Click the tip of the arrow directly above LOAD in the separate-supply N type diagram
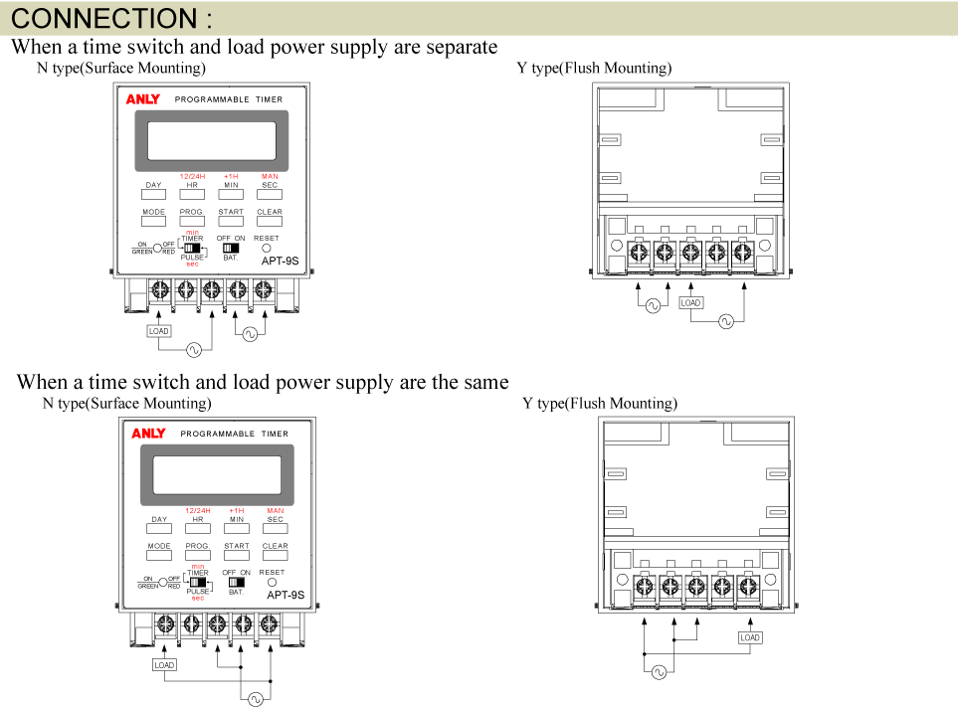point(159,311)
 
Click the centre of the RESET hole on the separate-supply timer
point(267,249)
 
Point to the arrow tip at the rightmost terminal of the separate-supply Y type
point(744,283)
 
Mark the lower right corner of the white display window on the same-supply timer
point(282,493)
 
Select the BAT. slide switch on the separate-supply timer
point(231,248)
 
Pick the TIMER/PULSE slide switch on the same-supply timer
point(197,583)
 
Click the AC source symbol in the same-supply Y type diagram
point(659,672)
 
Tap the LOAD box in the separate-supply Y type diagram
point(690,303)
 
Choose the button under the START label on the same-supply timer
point(237,555)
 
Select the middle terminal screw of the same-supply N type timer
point(218,623)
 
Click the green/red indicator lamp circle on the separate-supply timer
point(157,249)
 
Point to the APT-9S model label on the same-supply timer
point(286,595)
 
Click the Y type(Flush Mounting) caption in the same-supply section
point(600,404)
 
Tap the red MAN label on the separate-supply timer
point(270,176)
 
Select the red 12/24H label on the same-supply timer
point(198,510)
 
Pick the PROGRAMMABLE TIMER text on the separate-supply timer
point(229,99)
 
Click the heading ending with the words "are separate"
point(254,48)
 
